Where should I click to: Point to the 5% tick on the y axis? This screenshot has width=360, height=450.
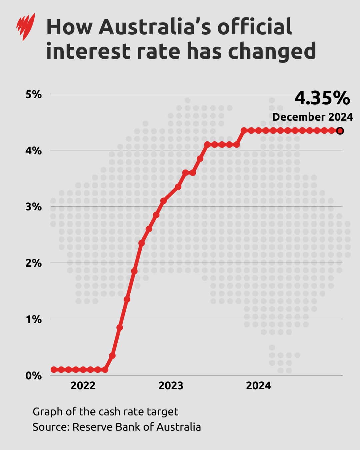34,94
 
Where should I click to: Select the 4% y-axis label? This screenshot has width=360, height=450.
34,151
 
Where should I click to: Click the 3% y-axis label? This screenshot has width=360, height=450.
34,207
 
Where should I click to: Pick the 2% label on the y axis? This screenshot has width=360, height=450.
34,263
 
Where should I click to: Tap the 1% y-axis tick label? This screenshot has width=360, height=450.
34,319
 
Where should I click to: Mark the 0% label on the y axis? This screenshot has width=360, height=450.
34,376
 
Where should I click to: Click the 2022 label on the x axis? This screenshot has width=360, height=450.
83,386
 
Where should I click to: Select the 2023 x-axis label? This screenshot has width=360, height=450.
171,386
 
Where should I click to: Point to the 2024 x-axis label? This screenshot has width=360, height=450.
258,386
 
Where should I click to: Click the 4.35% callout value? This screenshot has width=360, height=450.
322,98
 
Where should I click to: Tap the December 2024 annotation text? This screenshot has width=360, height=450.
312,117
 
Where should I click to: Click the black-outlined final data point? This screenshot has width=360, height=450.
340,131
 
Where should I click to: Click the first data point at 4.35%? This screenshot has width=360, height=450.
244,130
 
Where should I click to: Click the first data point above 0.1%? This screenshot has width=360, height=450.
112,356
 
